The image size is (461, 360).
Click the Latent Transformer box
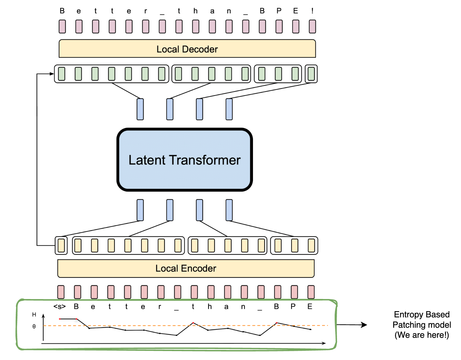pyautogui.click(x=185, y=160)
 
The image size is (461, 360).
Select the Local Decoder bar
pyautogui.click(x=187, y=49)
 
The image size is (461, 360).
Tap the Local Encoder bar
pyautogui.click(x=186, y=269)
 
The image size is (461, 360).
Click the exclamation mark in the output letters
pyautogui.click(x=312, y=11)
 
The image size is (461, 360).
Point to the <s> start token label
pyautogui.click(x=59, y=307)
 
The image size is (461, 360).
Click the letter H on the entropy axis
pyautogui.click(x=34, y=314)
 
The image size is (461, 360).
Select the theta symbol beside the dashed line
pyautogui.click(x=34, y=326)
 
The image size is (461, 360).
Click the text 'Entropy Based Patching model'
pyautogui.click(x=422, y=319)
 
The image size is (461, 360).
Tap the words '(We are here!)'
pyautogui.click(x=422, y=335)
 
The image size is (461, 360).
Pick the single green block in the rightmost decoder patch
pyautogui.click(x=311, y=74)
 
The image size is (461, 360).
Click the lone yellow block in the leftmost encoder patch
pyautogui.click(x=61, y=245)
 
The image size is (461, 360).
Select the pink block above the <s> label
pyautogui.click(x=61, y=292)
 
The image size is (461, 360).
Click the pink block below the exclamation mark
pyautogui.click(x=312, y=27)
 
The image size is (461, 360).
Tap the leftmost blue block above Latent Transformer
pyautogui.click(x=140, y=109)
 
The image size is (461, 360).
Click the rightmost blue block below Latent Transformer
pyautogui.click(x=229, y=210)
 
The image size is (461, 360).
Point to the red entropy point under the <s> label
pyautogui.click(x=60, y=319)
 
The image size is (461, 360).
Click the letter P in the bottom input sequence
pyautogui.click(x=293, y=307)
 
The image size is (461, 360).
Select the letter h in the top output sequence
pyautogui.click(x=195, y=11)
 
